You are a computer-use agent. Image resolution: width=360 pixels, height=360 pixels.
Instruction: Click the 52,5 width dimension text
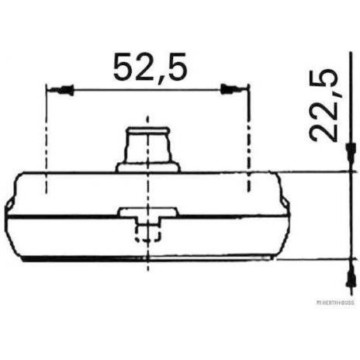tap(150, 67)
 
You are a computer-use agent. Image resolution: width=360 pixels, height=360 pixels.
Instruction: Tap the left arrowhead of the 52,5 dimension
tap(61, 89)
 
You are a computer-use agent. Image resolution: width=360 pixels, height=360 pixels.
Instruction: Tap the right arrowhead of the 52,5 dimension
tap(232, 89)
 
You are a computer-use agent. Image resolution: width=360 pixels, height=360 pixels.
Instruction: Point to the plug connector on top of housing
tap(147, 150)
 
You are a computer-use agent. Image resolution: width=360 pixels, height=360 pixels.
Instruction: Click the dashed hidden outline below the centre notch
tap(147, 233)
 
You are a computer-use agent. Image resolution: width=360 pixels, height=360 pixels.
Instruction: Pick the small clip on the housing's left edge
tap(9, 204)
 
